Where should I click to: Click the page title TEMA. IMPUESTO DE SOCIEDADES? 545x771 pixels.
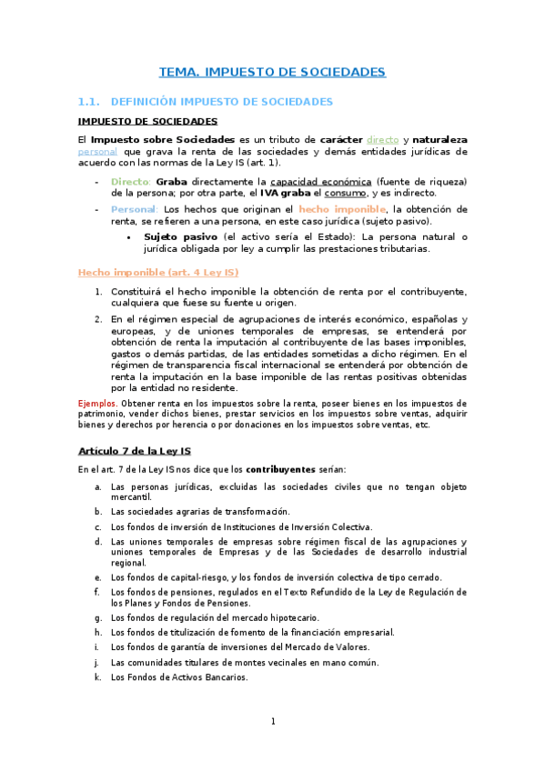click(x=272, y=71)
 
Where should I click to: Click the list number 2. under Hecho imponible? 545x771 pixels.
click(x=98, y=319)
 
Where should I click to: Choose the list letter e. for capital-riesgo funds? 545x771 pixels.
click(x=97, y=576)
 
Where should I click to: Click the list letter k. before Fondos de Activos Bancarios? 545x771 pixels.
click(x=97, y=676)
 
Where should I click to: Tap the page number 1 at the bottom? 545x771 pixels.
click(x=272, y=722)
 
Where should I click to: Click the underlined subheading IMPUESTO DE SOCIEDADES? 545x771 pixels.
click(x=147, y=120)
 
